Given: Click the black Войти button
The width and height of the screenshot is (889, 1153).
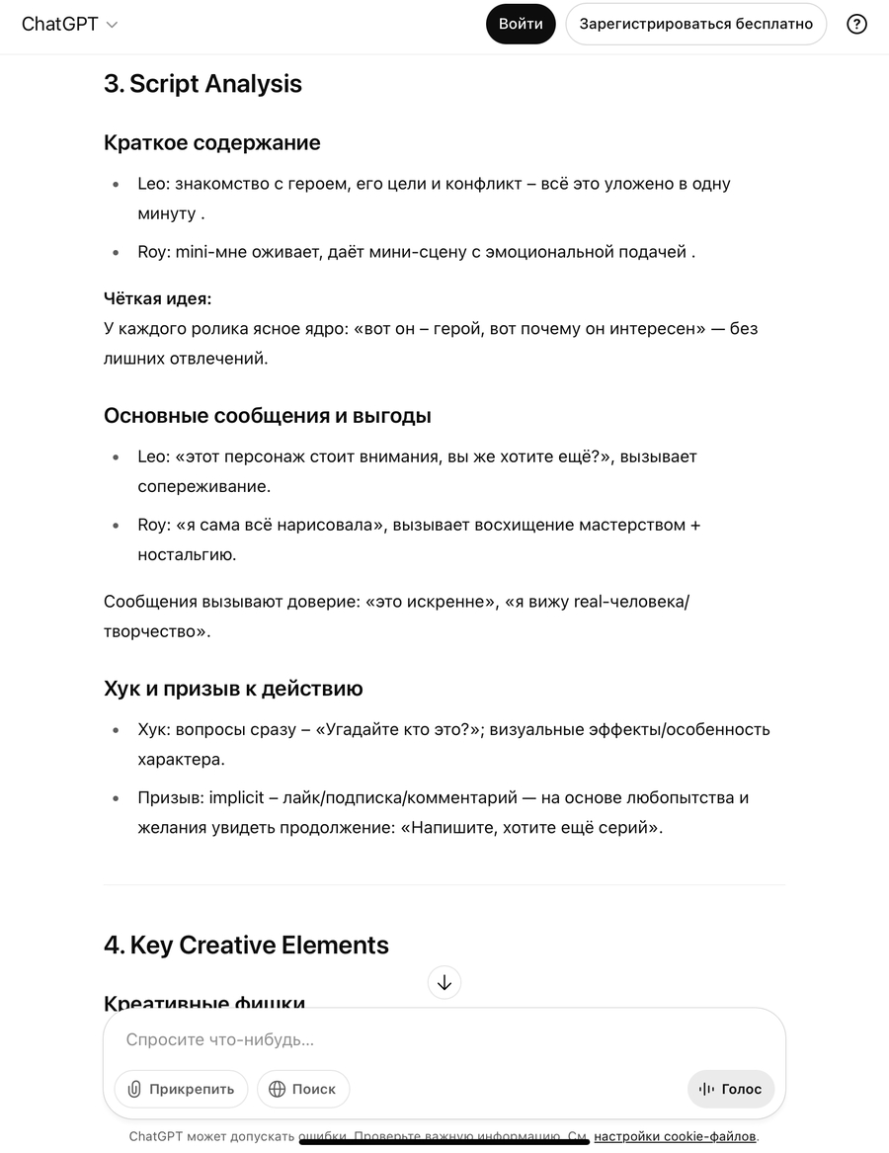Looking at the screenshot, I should (x=521, y=24).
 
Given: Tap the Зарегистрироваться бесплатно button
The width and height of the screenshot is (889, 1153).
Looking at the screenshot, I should (x=695, y=24).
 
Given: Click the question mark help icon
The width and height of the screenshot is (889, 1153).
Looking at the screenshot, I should (x=856, y=24).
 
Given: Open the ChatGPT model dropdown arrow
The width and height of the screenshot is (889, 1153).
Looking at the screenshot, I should (x=112, y=25).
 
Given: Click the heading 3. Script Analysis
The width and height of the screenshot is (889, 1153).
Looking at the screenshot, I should (x=202, y=84).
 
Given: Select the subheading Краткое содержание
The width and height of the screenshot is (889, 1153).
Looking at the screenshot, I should (x=211, y=142).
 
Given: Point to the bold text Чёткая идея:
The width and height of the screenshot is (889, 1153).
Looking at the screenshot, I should (x=157, y=298).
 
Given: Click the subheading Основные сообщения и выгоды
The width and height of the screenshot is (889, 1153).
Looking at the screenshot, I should (x=267, y=415).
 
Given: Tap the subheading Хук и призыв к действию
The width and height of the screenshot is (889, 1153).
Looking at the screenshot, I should (x=233, y=688).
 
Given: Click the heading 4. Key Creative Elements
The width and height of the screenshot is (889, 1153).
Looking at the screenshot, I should (x=246, y=945).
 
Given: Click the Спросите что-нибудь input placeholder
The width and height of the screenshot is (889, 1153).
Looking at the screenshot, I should (x=220, y=1039).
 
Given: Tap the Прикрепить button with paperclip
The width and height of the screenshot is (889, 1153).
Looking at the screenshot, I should (x=181, y=1089).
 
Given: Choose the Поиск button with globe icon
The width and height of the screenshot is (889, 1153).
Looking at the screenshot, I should (x=303, y=1089).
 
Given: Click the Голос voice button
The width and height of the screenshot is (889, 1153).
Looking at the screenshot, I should (x=731, y=1089).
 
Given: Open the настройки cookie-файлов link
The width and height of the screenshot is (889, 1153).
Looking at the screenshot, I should (x=675, y=1136).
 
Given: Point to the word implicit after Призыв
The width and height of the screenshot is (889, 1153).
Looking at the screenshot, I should (x=236, y=797).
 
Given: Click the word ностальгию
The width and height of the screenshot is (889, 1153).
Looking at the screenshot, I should (x=187, y=554).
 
